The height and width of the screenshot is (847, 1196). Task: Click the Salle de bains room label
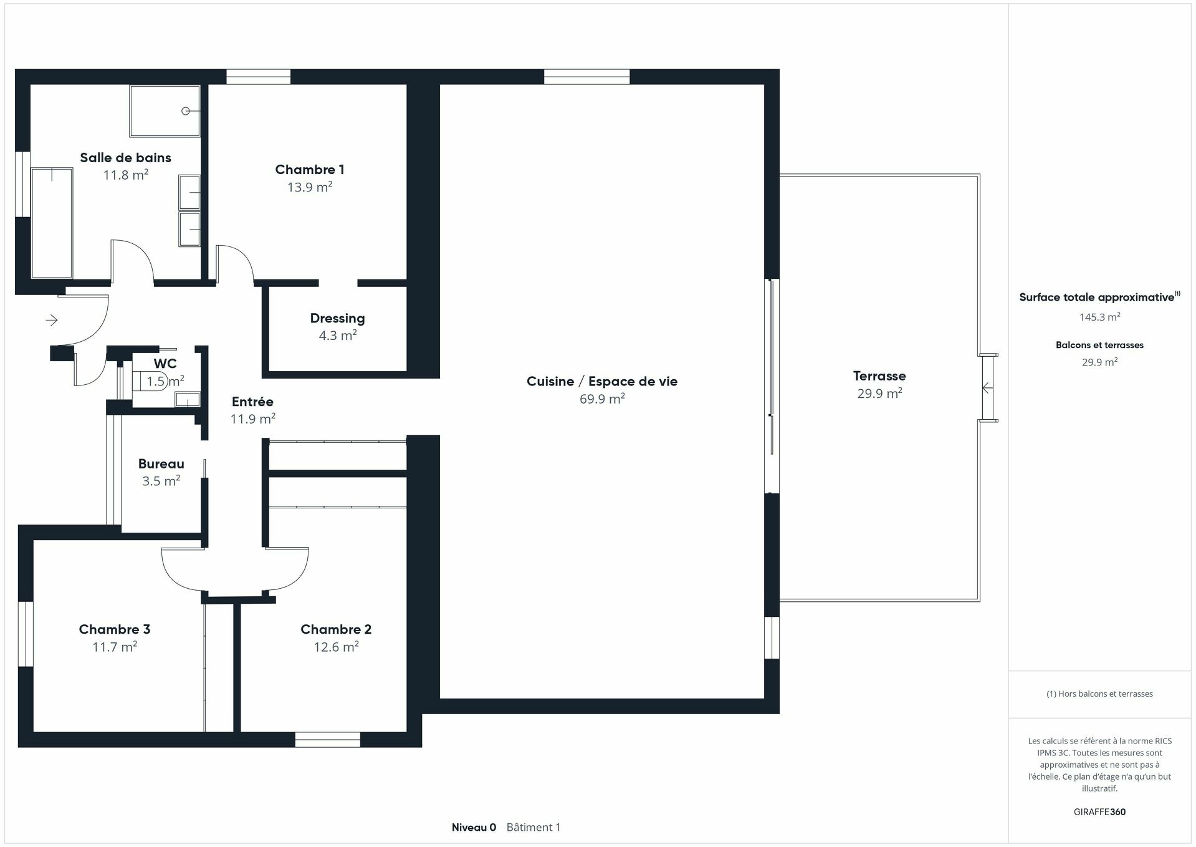coord(125,158)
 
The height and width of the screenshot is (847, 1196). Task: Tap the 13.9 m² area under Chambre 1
coord(309,187)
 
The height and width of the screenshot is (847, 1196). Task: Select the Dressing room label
coord(337,318)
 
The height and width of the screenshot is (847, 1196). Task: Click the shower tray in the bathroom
coord(165,111)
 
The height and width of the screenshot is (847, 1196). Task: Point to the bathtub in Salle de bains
coord(52,222)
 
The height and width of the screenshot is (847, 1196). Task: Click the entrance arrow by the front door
coord(52,320)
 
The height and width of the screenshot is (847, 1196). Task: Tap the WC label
coord(165,363)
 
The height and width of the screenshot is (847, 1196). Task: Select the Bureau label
coord(161,464)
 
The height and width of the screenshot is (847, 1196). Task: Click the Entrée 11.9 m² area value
coord(252,419)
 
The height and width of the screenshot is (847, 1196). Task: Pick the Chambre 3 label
coord(114,629)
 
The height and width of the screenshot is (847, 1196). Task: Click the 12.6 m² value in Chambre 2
coord(336,647)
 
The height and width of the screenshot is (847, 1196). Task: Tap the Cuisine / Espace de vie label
coord(601,381)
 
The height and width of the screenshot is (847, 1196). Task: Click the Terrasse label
coord(879,376)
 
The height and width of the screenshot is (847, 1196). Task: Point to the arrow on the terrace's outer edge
coord(987,388)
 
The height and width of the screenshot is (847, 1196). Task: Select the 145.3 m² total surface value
coord(1099,317)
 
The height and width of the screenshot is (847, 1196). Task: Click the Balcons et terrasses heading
coord(1099,345)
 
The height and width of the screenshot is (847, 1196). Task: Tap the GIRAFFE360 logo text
coord(1099,812)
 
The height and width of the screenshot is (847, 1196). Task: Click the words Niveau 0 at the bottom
coord(474,828)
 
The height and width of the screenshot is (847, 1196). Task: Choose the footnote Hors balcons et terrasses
coord(1099,694)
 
